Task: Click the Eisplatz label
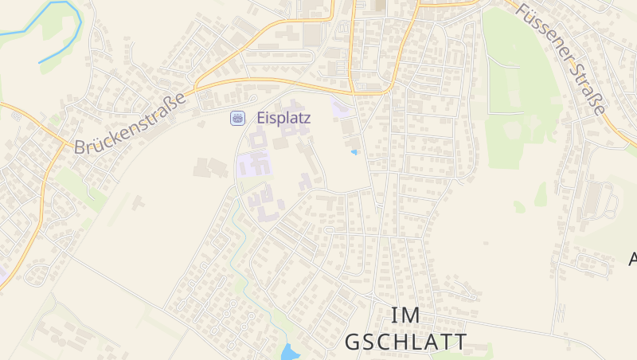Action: click(x=283, y=117)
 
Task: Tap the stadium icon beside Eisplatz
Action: click(x=237, y=118)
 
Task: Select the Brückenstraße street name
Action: click(x=130, y=123)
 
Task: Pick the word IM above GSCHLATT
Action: click(x=405, y=315)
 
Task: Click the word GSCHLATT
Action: click(x=405, y=342)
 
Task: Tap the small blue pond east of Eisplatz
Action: click(x=354, y=151)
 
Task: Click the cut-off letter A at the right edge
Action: click(x=633, y=259)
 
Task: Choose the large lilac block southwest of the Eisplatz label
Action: click(x=254, y=166)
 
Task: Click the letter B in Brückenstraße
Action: click(x=80, y=147)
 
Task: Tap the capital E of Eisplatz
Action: click(x=261, y=117)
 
